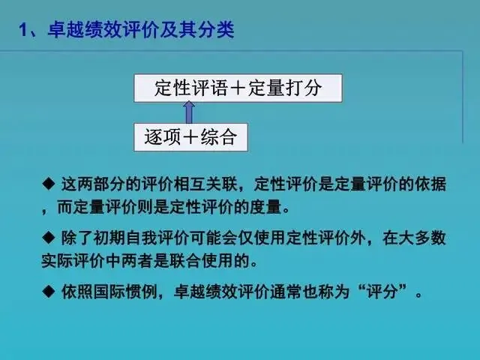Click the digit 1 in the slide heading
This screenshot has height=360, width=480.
23,31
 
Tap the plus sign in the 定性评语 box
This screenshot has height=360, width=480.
238,88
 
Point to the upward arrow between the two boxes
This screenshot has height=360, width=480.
189,112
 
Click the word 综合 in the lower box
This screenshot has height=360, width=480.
219,136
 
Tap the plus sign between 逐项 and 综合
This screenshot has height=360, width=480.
190,136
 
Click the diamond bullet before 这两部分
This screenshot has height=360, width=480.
48,183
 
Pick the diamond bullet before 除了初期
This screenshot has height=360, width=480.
48,238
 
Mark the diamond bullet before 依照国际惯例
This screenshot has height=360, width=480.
48,291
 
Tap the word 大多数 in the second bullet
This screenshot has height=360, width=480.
414,238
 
